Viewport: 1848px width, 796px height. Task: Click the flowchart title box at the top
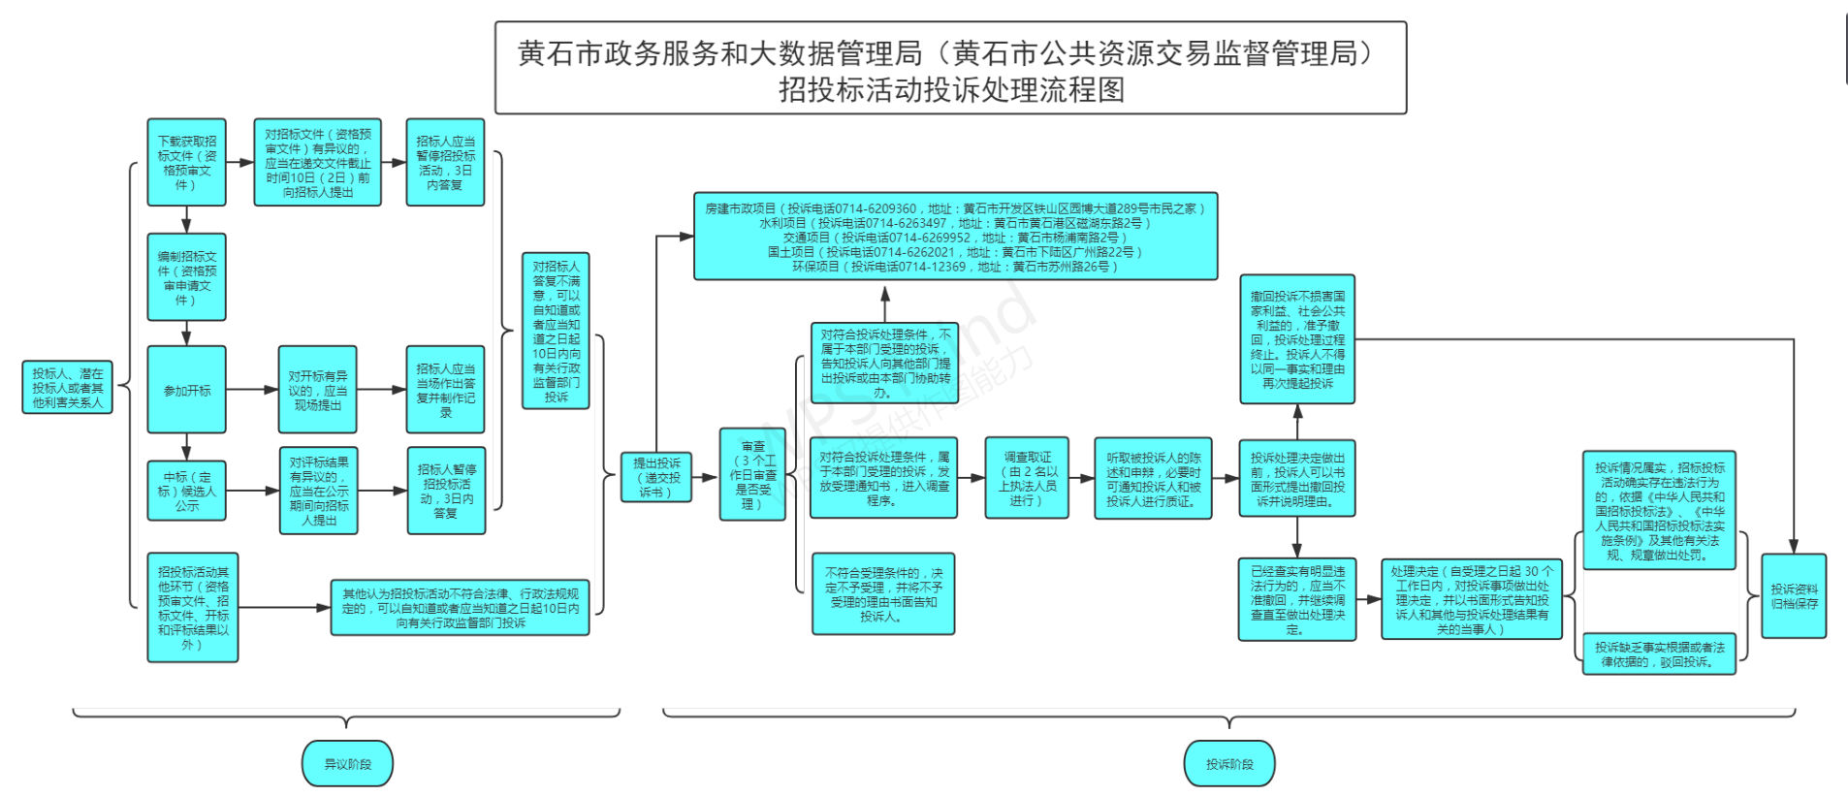(950, 68)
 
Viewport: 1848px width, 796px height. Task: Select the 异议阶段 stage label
(347, 764)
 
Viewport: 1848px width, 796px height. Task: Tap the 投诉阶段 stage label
(1228, 764)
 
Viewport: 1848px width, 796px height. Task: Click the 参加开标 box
(186, 390)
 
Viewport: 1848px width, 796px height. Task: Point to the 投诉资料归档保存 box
(1793, 595)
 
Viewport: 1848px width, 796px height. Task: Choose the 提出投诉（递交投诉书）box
(656, 477)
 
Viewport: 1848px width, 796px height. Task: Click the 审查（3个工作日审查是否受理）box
(752, 474)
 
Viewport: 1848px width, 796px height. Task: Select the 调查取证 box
(1027, 478)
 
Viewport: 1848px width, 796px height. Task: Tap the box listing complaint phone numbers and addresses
(955, 236)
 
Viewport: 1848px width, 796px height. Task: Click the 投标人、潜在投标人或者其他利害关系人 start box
(67, 387)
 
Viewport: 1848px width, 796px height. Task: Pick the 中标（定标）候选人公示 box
(186, 491)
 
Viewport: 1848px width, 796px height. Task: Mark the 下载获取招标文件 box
(186, 162)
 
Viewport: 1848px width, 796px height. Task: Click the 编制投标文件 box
(186, 277)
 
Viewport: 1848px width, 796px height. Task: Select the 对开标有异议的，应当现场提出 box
(317, 390)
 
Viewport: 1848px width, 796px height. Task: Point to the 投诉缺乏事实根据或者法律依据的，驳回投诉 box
(1658, 653)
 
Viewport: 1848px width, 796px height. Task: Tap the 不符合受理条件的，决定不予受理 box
(882, 594)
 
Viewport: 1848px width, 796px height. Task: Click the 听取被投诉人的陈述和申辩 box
(1153, 479)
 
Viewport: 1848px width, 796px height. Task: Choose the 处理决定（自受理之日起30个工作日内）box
(1471, 599)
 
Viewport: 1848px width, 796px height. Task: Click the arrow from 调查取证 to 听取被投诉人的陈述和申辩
(1081, 478)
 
